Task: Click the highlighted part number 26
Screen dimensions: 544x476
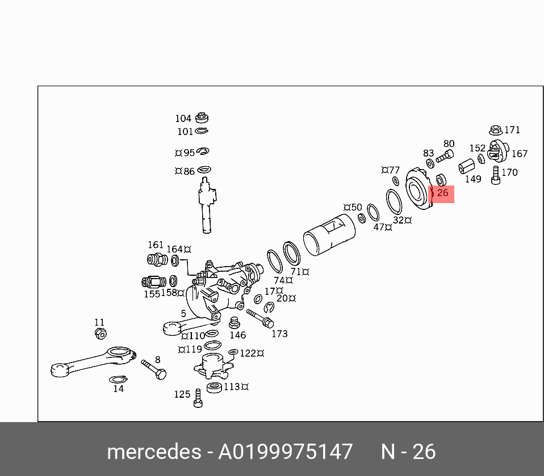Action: tap(442, 193)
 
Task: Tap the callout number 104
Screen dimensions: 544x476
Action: tap(183, 119)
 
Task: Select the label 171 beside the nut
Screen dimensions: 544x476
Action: tap(512, 130)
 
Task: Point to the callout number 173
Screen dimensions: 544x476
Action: tap(279, 334)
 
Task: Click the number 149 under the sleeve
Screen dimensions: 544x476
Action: tap(472, 179)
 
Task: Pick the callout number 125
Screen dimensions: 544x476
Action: tap(182, 394)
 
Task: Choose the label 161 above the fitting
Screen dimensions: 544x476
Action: tap(156, 245)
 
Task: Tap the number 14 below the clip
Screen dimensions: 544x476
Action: tap(118, 389)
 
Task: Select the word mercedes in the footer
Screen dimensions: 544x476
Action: tap(153, 452)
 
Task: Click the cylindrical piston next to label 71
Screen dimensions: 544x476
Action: tap(329, 235)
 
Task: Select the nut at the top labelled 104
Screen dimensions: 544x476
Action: tap(201, 118)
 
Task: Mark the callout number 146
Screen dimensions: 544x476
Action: tap(237, 335)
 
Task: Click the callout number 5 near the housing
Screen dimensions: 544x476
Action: tap(183, 313)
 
